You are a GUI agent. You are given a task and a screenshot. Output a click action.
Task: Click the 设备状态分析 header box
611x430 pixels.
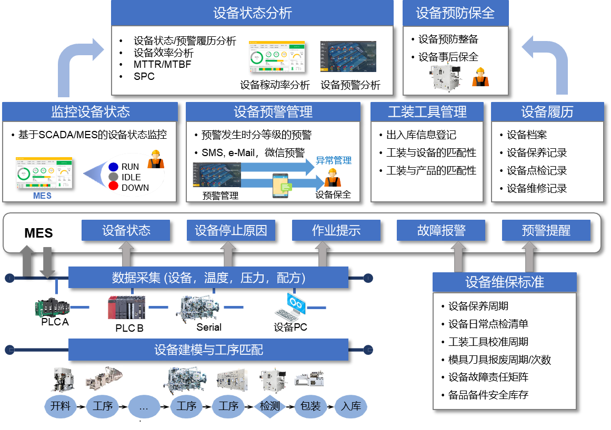point(252,13)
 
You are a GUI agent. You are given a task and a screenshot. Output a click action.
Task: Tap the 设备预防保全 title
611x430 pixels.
point(455,13)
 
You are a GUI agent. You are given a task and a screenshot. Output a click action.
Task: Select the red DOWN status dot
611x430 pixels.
point(113,186)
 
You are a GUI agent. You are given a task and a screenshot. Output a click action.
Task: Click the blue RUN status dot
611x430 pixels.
point(113,167)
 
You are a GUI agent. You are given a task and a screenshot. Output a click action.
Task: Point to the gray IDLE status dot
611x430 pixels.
point(113,177)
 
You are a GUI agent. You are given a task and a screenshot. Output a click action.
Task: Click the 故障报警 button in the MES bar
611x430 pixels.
point(441,230)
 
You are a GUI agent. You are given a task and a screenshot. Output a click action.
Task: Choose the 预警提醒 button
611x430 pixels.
point(546,230)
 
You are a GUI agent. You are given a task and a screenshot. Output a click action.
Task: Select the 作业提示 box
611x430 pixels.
point(336,230)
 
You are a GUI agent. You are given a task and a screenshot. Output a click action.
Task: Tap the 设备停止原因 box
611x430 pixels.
point(231,230)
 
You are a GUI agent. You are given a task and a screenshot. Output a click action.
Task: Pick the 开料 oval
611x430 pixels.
point(61,406)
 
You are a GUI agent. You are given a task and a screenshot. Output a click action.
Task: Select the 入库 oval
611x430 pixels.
point(350,406)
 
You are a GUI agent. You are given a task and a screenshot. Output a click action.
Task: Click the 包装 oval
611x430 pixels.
point(310,406)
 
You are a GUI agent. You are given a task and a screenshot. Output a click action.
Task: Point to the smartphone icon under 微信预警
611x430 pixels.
point(282,186)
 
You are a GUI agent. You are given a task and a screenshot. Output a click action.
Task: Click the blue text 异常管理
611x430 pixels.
point(333,160)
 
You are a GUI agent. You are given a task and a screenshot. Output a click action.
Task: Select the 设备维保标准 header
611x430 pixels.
point(504,282)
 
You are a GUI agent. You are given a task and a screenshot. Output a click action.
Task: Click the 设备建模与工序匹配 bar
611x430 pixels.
point(208,350)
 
